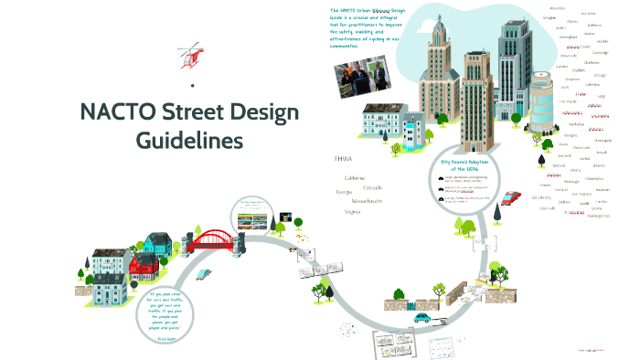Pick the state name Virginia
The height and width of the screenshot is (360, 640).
(351, 211)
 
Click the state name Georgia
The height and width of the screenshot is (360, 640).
(345, 192)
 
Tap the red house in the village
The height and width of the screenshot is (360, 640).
(144, 268)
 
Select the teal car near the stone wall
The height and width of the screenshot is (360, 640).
(423, 318)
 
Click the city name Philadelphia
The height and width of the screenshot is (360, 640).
(593, 178)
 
